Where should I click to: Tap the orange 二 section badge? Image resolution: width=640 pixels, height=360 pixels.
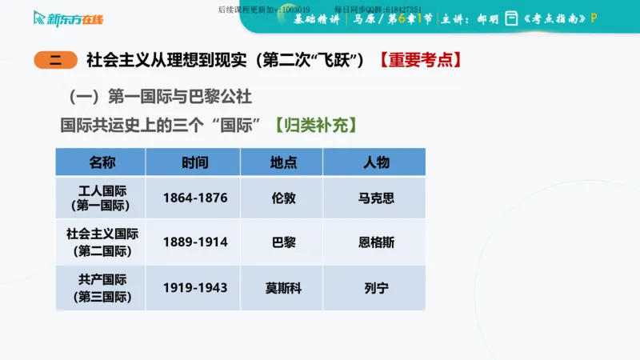coord(55,59)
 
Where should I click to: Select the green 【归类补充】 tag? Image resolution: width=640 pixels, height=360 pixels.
coord(314,126)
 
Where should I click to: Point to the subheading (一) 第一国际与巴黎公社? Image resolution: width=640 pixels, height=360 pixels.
coord(160,97)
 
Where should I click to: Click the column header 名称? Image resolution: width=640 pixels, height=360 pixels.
coord(102,162)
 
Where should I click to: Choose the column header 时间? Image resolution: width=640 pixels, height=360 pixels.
coord(194,162)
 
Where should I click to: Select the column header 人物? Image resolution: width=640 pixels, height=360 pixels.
coord(376,162)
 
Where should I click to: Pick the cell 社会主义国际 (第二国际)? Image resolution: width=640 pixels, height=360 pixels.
coord(102,242)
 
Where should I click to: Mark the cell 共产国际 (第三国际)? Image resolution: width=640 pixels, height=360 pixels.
coord(102,287)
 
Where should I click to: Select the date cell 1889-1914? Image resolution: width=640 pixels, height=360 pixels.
coord(194,242)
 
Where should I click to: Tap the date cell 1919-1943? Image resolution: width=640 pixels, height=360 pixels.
coord(194,287)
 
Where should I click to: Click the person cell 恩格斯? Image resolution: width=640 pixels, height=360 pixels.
coord(376,242)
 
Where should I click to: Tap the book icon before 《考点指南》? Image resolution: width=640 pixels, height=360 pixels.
coord(512,18)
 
